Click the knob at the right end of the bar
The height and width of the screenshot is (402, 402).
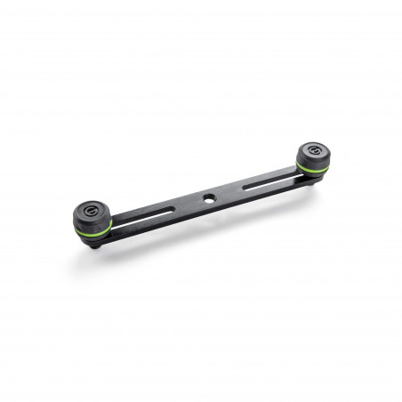point(312,157)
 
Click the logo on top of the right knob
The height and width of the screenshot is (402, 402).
point(312,148)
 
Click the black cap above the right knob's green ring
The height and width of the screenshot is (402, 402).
point(312,156)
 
